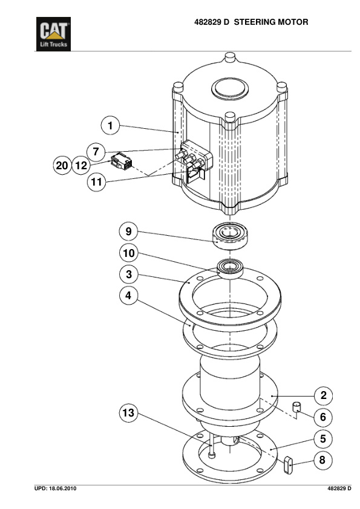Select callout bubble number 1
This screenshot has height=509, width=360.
click(x=110, y=126)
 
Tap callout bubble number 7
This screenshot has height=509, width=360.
click(x=95, y=150)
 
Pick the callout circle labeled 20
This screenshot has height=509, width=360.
click(x=62, y=165)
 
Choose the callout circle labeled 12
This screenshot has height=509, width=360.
click(x=82, y=165)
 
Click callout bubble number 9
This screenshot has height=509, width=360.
click(x=128, y=231)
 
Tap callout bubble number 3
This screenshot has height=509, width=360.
click(x=128, y=274)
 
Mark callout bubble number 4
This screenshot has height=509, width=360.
click(x=128, y=296)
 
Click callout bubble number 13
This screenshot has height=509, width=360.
click(x=128, y=413)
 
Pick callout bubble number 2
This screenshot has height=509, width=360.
click(x=323, y=396)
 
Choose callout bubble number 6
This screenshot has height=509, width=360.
click(x=323, y=417)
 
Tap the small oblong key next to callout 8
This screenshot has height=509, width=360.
click(x=289, y=464)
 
